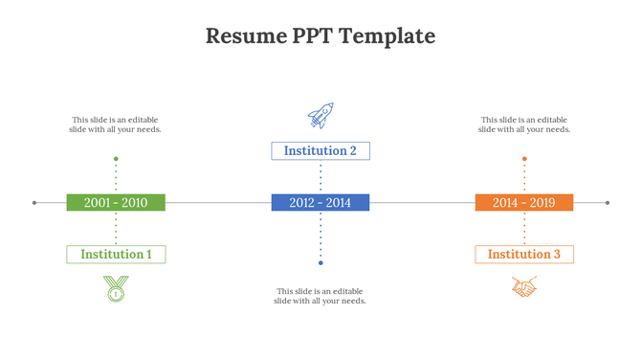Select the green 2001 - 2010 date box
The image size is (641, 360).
click(x=116, y=202)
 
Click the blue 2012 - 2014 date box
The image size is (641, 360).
click(x=320, y=202)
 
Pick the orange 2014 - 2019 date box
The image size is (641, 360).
click(x=523, y=202)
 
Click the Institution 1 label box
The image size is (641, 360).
click(x=116, y=254)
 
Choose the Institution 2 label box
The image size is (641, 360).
click(x=320, y=150)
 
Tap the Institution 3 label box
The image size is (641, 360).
click(x=524, y=254)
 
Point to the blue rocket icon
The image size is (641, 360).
click(x=320, y=116)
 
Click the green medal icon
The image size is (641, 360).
click(x=116, y=287)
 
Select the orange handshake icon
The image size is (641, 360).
click(x=524, y=287)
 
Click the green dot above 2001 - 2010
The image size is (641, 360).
click(x=116, y=159)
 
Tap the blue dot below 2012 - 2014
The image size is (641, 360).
click(x=320, y=262)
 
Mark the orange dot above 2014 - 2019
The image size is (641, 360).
click(x=524, y=159)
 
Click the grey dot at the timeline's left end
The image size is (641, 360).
click(x=34, y=202)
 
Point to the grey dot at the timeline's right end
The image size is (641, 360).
click(x=608, y=202)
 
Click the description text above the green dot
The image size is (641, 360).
click(x=117, y=124)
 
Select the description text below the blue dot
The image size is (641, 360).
click(x=320, y=296)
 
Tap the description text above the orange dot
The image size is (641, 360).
click(x=524, y=124)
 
